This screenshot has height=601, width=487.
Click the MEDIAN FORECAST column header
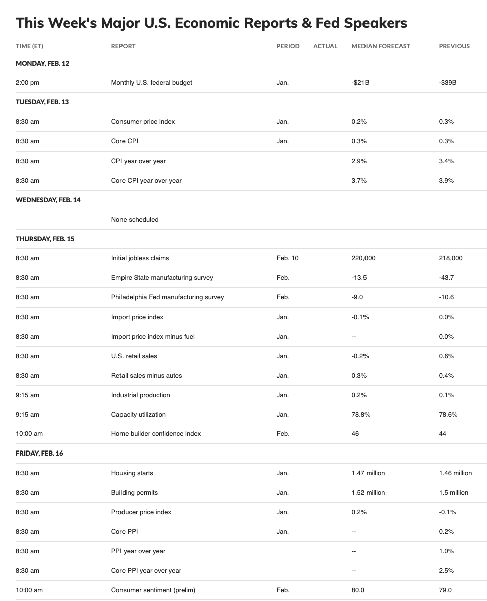click(381, 46)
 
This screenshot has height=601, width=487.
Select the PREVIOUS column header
click(454, 46)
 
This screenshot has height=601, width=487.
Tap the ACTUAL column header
click(325, 46)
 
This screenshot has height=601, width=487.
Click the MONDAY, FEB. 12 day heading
click(42, 63)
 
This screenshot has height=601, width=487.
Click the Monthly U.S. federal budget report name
click(152, 82)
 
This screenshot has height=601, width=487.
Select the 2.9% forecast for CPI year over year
click(359, 161)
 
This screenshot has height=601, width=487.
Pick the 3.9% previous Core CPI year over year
click(446, 180)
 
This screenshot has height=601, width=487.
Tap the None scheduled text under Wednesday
click(135, 219)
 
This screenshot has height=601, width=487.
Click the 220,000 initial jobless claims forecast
click(363, 258)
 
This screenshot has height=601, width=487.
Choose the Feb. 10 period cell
click(287, 258)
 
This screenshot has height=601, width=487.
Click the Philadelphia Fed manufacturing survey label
click(168, 297)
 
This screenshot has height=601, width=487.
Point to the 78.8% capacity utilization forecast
click(361, 414)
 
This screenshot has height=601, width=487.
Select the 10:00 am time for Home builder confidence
click(29, 433)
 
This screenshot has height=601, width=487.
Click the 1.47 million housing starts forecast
click(368, 473)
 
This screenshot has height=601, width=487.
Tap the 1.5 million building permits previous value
click(453, 492)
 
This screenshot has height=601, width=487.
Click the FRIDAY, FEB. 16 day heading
click(39, 453)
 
